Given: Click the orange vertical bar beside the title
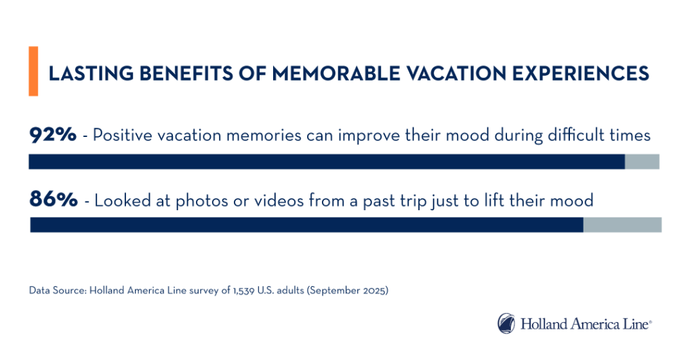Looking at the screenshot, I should pyautogui.click(x=33, y=71).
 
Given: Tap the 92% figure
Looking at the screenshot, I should pyautogui.click(x=53, y=135).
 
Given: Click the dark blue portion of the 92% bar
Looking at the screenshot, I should pyautogui.click(x=325, y=161).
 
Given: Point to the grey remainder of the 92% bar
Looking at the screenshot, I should pyautogui.click(x=642, y=161).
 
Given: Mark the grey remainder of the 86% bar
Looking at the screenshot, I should pyautogui.click(x=622, y=225).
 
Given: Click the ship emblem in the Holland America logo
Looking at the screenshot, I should pyautogui.click(x=506, y=323).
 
